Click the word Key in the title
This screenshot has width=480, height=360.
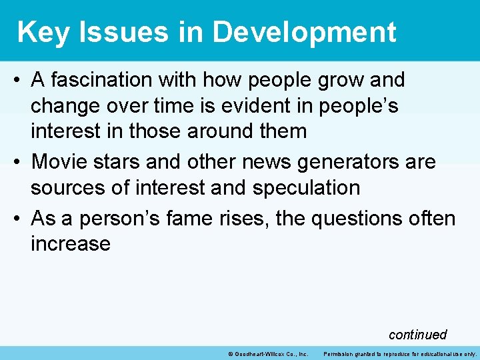click(x=43, y=31)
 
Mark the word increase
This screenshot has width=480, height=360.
click(x=70, y=243)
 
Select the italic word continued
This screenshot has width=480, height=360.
click(x=417, y=334)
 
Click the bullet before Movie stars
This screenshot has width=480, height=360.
click(x=18, y=162)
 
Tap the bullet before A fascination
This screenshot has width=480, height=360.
click(x=18, y=81)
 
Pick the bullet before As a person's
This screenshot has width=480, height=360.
click(x=18, y=218)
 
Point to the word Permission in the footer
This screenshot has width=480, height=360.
click(x=340, y=353)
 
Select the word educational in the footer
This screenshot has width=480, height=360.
click(x=437, y=353)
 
